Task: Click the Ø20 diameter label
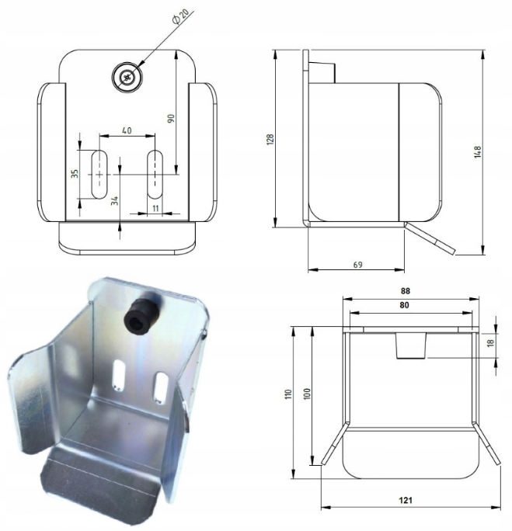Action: (x=180, y=16)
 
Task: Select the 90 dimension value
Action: (x=171, y=118)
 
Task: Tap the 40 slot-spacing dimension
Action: (x=127, y=130)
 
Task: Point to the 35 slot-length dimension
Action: (x=75, y=173)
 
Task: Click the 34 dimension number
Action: (x=115, y=200)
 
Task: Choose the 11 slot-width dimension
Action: (x=155, y=208)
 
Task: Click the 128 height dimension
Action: (x=270, y=140)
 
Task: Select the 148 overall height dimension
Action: (x=478, y=152)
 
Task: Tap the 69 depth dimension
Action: (x=358, y=265)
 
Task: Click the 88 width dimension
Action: (x=406, y=290)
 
